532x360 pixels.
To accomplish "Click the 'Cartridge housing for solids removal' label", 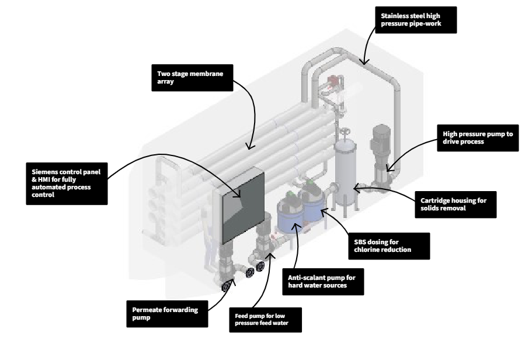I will pos(454,205).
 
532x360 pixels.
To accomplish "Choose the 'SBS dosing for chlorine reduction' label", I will pos(387,245).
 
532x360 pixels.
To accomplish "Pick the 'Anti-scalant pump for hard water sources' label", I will pos(326,282).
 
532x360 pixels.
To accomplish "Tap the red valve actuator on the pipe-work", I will pos(335,81).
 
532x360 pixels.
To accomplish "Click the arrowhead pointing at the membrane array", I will pos(249,146).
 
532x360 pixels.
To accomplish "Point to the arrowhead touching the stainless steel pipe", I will pos(363,61).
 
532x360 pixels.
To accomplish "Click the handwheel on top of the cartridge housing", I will pos(346,132).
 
